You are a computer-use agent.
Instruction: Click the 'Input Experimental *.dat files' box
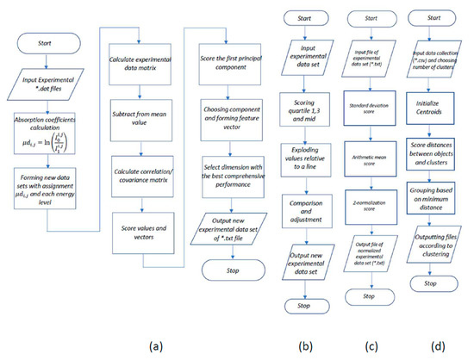coord(51,84)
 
